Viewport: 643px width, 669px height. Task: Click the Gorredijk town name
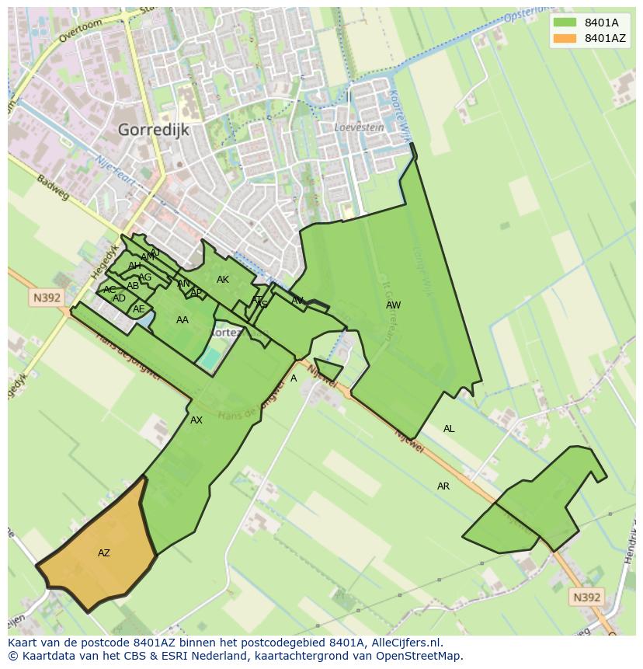tap(154, 130)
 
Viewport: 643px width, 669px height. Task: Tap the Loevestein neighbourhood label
tap(359, 127)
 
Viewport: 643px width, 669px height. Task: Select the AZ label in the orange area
tap(104, 553)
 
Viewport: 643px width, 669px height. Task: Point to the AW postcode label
tap(394, 305)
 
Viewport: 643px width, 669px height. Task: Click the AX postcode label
tap(196, 420)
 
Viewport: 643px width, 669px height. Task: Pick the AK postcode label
tap(223, 280)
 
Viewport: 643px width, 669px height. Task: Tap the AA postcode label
tap(182, 320)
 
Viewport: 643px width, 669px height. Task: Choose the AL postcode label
tap(449, 429)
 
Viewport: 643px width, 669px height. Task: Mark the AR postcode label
tap(443, 486)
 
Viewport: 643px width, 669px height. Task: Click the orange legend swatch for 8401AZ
tap(565, 38)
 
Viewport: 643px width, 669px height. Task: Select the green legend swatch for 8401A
tap(565, 23)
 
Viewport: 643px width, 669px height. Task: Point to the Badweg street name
tap(54, 186)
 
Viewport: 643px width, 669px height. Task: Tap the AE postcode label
tap(139, 309)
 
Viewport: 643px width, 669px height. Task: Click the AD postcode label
tap(119, 298)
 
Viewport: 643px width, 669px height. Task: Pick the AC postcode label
tap(109, 290)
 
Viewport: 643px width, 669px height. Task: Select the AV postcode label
tap(297, 301)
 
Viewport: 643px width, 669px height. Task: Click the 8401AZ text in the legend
tap(605, 38)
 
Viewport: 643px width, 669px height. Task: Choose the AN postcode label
tap(184, 284)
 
